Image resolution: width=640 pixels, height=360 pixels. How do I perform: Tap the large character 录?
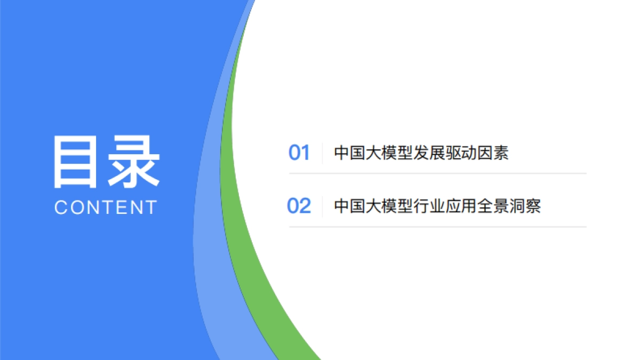click(133, 162)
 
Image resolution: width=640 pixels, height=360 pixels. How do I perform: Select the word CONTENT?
click(106, 207)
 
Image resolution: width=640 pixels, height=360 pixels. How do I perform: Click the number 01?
click(299, 153)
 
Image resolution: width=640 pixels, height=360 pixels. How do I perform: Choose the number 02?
click(299, 206)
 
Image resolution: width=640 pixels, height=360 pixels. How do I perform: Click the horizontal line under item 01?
click(437, 173)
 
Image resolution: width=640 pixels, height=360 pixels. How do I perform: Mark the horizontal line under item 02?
click(437, 227)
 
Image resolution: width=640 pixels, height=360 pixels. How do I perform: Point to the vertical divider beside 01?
click(323, 153)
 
